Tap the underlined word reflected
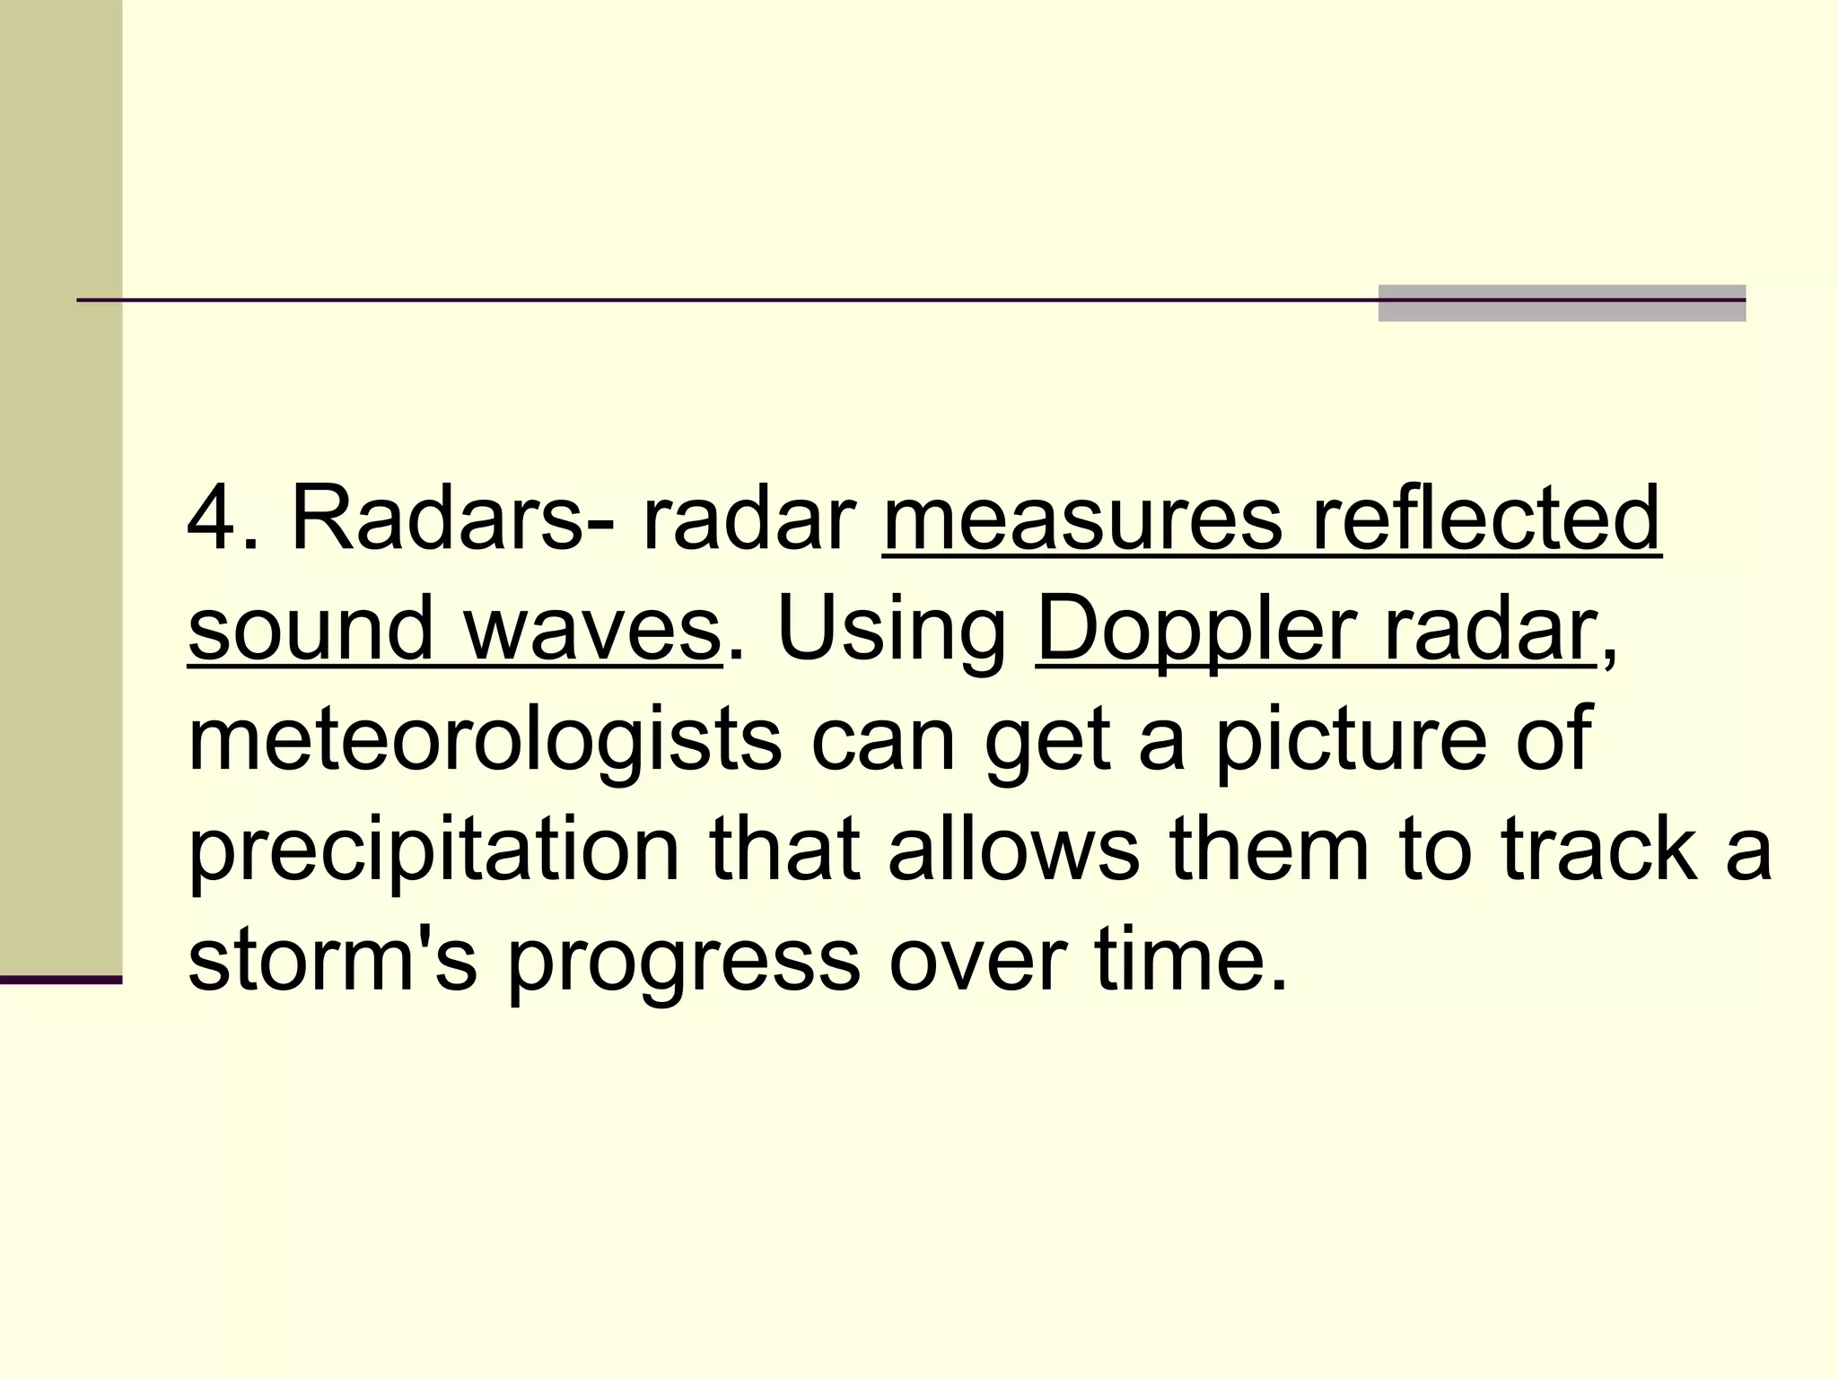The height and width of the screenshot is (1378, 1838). [1486, 519]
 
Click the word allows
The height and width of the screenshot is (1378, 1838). [1013, 849]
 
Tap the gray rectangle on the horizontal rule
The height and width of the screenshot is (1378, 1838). [1562, 303]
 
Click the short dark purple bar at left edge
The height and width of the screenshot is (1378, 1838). [60, 980]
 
